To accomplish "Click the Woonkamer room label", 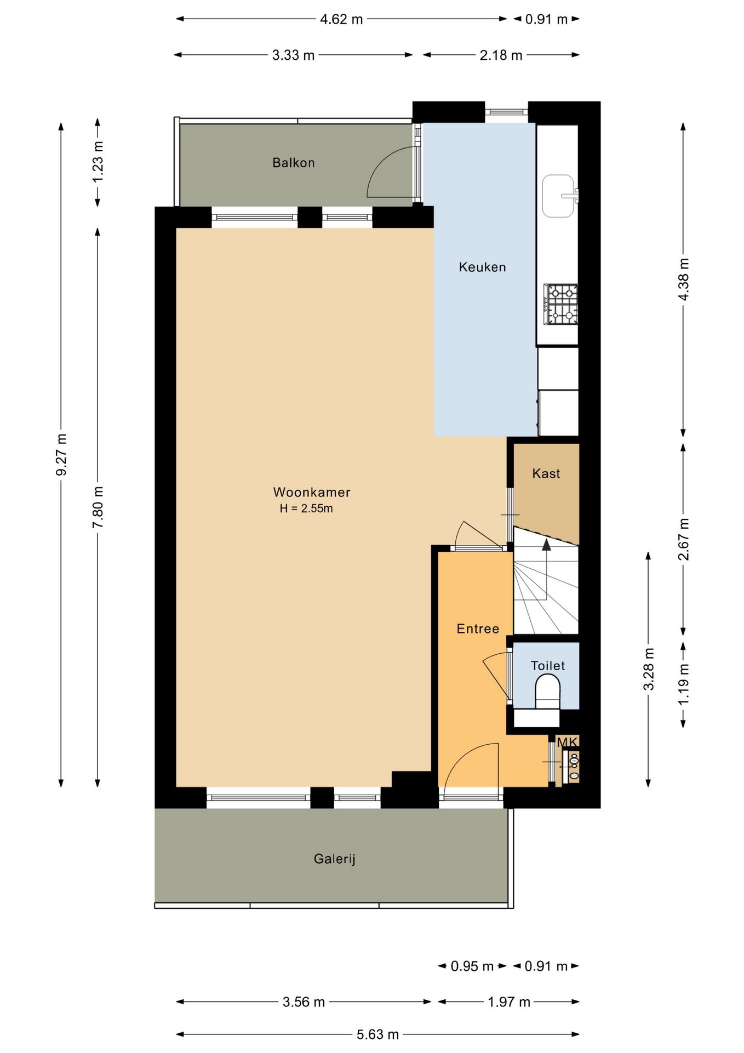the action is tap(312, 492).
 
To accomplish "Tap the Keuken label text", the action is tap(482, 267).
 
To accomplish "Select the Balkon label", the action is tap(294, 163).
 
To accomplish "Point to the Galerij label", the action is tap(334, 859).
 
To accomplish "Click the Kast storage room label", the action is tap(546, 473).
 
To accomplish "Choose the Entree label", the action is tap(478, 629).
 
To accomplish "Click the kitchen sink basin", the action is tap(558, 196).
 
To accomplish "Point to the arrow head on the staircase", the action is tap(546, 544).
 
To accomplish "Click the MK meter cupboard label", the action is tap(567, 743).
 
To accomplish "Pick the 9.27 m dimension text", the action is tap(61, 454).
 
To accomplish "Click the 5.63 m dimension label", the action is tap(378, 1034).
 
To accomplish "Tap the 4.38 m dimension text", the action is tap(683, 279).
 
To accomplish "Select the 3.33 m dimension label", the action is tap(294, 55).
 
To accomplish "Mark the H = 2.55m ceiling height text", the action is tap(306, 508).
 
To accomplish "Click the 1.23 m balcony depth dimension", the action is tap(98, 162).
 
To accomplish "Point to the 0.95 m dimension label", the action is tap(472, 966).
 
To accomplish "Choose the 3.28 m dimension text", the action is tap(649, 669).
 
